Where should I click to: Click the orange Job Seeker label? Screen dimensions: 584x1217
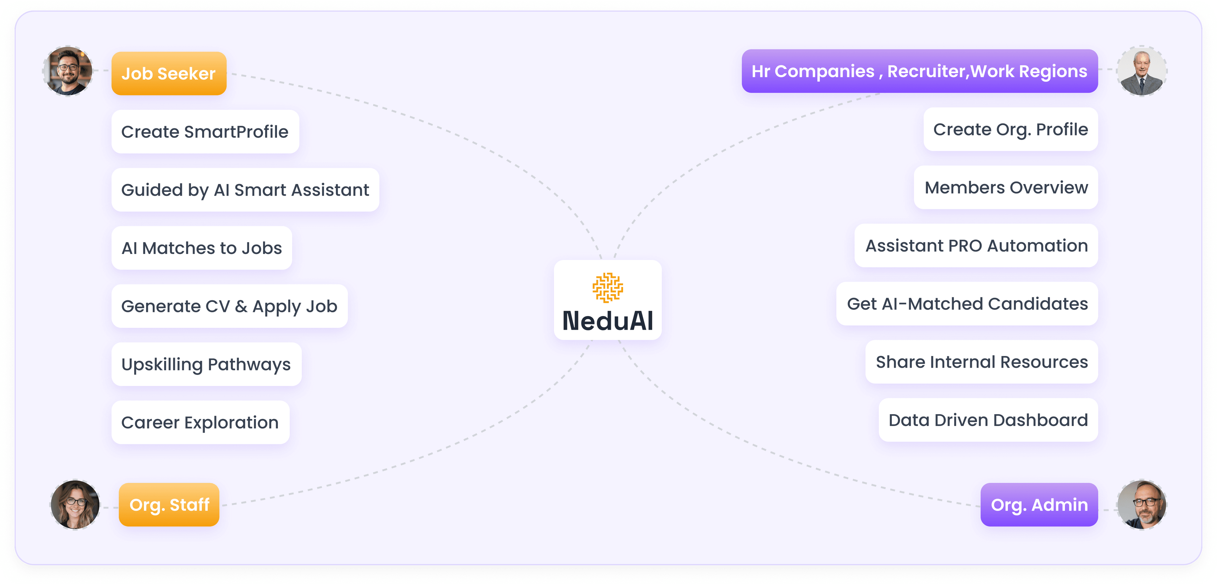click(169, 73)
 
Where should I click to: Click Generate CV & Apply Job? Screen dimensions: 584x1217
click(229, 306)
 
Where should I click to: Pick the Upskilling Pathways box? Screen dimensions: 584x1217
click(206, 364)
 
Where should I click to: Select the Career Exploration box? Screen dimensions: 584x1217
click(200, 422)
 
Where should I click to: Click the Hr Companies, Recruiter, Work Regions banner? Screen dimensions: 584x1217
click(919, 71)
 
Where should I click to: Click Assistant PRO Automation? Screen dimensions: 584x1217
click(976, 245)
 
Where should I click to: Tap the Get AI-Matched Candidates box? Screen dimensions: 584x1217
click(967, 304)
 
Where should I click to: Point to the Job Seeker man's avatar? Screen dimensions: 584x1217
click(68, 71)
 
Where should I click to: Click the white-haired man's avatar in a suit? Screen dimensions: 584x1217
click(1141, 71)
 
